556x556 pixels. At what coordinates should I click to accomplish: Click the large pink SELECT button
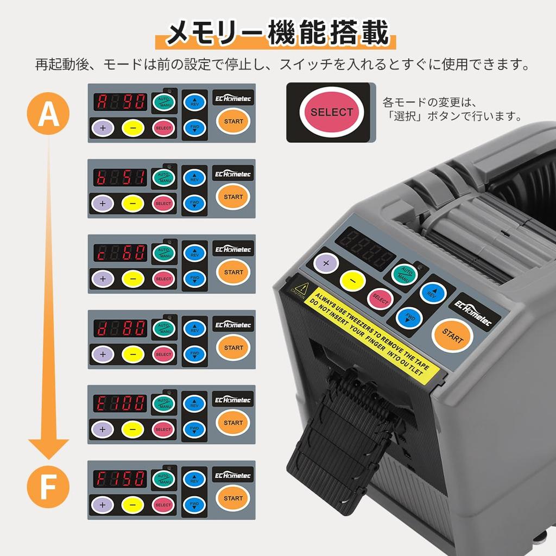(x=331, y=112)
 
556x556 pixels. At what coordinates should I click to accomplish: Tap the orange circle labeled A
(x=48, y=113)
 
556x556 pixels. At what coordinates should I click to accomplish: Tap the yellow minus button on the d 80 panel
(x=132, y=354)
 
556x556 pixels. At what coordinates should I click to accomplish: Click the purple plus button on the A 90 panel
(x=102, y=128)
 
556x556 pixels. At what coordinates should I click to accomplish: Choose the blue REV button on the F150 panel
(x=194, y=479)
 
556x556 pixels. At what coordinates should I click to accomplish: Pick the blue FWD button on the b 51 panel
(x=194, y=204)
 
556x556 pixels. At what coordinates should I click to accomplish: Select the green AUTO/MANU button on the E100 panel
(x=163, y=403)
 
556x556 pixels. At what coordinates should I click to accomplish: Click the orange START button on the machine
(x=452, y=335)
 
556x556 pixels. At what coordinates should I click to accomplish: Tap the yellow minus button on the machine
(x=352, y=281)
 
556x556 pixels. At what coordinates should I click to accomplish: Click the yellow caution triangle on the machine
(x=299, y=286)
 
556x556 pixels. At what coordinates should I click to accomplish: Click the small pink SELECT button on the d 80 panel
(x=163, y=354)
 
